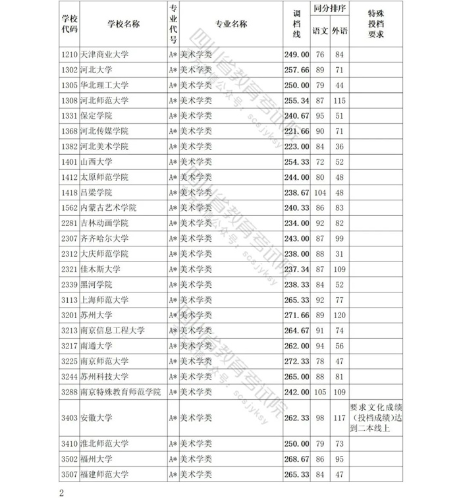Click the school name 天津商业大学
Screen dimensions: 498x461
pyautogui.click(x=104, y=55)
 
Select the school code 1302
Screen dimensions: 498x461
pyautogui.click(x=69, y=70)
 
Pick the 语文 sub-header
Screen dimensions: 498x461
pyautogui.click(x=321, y=31)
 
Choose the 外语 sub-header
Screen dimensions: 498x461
pyautogui.click(x=340, y=31)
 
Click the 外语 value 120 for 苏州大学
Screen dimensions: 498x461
pyautogui.click(x=340, y=315)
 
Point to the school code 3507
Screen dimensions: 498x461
pyautogui.click(x=69, y=474)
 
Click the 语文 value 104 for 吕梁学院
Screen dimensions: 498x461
pyautogui.click(x=321, y=192)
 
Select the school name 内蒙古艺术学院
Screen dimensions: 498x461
pyautogui.click(x=108, y=207)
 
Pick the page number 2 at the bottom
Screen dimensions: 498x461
pyautogui.click(x=61, y=492)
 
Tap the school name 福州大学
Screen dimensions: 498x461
pyautogui.click(x=96, y=458)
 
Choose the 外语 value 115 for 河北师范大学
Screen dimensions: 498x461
pyautogui.click(x=340, y=100)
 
